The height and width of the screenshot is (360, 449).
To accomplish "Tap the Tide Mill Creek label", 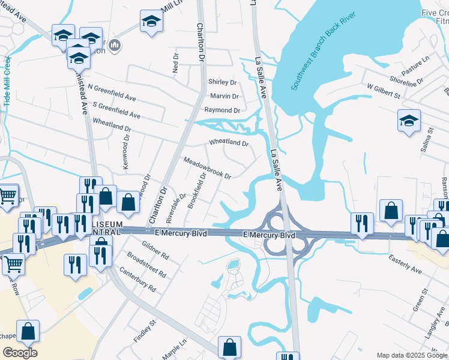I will point(8,82).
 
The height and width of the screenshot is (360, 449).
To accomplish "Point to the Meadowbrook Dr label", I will point(207,169).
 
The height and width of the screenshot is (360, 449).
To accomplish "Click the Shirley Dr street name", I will point(222,82).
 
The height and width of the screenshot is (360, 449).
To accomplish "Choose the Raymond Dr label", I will point(222,110).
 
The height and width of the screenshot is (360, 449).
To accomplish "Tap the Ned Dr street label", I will point(175,63).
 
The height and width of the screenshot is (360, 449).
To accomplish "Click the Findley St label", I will point(145,331).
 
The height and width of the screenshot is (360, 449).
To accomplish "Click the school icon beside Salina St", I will point(409,121).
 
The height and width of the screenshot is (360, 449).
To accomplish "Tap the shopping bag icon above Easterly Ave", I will point(391,211).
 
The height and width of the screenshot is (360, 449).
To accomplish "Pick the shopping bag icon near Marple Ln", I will point(229,346).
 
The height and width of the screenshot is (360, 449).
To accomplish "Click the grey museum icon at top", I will point(115,45).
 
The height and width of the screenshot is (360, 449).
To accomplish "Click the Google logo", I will point(20,352).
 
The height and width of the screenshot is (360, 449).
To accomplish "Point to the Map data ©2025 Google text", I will point(411,355).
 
